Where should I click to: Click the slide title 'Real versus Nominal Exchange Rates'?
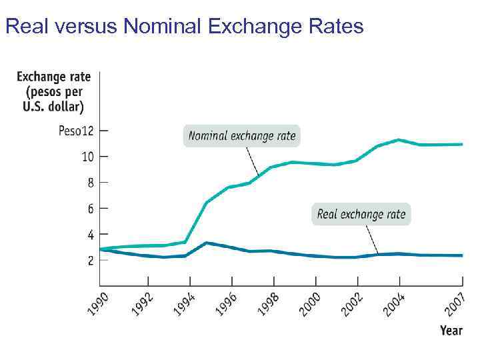[184, 26]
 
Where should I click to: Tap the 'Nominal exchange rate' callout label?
[241, 136]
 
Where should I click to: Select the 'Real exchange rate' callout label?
[361, 214]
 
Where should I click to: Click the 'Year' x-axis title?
[451, 331]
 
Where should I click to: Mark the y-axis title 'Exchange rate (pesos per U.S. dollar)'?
[53, 92]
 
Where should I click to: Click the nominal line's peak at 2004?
[398, 139]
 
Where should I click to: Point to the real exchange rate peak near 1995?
[207, 243]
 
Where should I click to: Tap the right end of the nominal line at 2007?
[462, 144]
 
